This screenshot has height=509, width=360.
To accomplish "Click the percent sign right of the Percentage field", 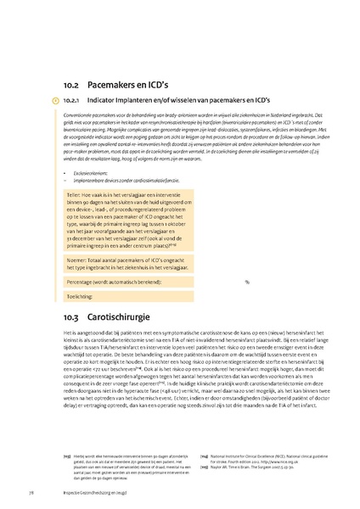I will tap(247, 282).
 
